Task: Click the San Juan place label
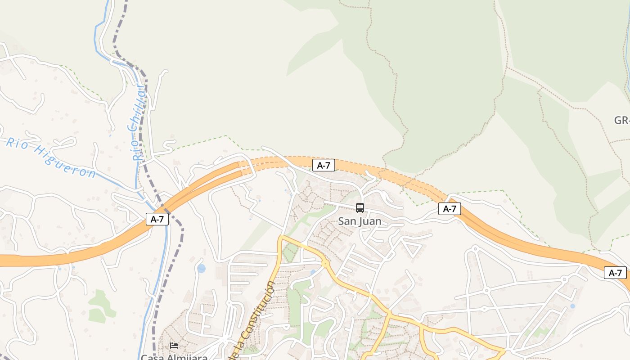(x=360, y=221)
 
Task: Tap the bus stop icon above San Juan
(x=360, y=207)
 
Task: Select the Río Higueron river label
(x=50, y=157)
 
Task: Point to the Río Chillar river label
(x=138, y=122)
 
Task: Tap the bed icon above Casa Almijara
(x=174, y=346)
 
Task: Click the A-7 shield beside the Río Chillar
(x=157, y=219)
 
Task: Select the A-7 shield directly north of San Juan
(x=324, y=165)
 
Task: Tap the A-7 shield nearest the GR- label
(x=615, y=272)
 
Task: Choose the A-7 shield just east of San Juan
(x=450, y=208)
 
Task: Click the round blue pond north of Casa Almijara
(x=201, y=269)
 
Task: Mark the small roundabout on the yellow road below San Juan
(x=325, y=264)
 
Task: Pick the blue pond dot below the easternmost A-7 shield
(x=572, y=306)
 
